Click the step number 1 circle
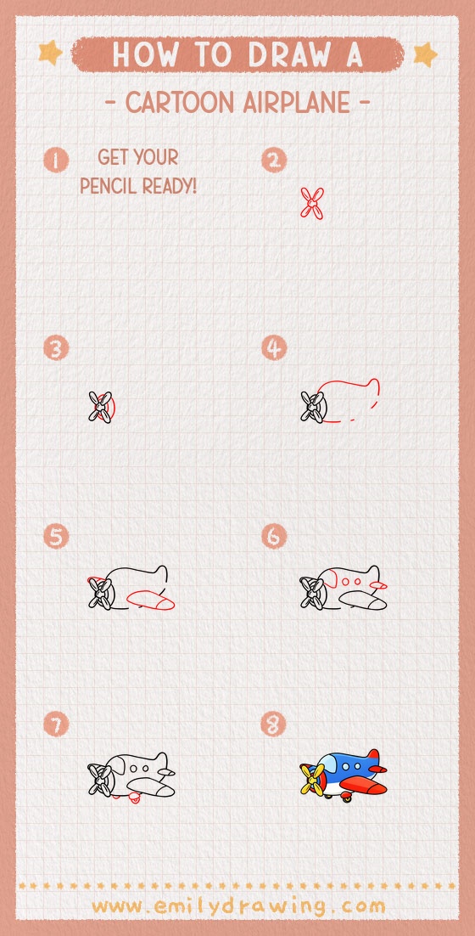(x=56, y=160)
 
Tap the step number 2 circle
(x=274, y=160)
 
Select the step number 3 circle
(x=56, y=347)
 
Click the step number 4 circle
(x=274, y=347)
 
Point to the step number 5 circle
(x=56, y=536)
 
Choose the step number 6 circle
(x=274, y=536)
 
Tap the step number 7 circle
(x=56, y=725)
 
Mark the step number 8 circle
(x=274, y=725)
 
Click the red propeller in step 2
(x=312, y=203)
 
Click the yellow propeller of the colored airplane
(x=313, y=777)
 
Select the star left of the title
(x=51, y=54)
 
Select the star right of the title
(x=424, y=54)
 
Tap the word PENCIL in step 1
(x=109, y=184)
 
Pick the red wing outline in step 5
(x=150, y=600)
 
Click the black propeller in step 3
(x=100, y=406)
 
